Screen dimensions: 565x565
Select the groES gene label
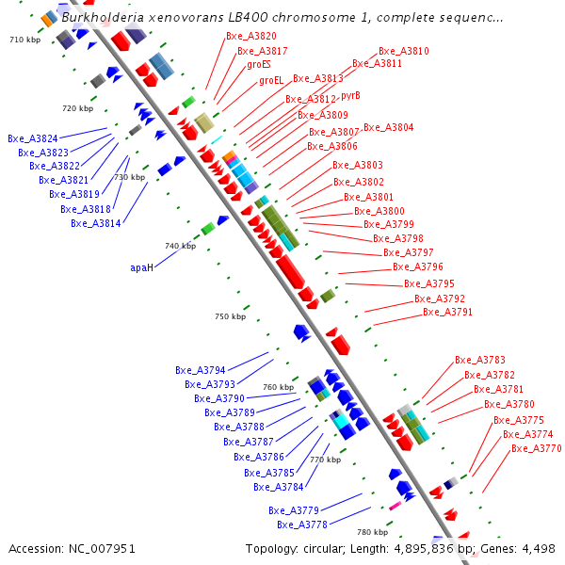[259, 65]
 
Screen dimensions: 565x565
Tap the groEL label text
[271, 80]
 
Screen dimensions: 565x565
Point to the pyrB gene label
[350, 95]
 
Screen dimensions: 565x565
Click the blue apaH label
[141, 267]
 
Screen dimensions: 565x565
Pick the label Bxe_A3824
[33, 138]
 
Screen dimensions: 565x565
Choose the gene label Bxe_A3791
[447, 312]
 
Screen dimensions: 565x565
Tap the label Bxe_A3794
[201, 370]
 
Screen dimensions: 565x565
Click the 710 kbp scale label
[24, 40]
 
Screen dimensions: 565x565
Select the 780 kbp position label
[372, 532]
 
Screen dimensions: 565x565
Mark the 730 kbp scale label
[130, 177]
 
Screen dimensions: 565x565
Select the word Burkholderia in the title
[104, 17]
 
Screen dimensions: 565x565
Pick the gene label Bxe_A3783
[479, 360]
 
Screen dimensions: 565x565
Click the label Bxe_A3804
[388, 127]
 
